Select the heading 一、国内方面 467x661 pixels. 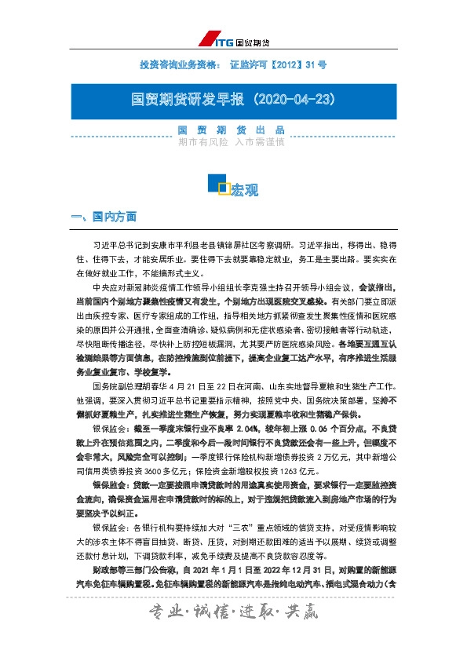click(x=104, y=216)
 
